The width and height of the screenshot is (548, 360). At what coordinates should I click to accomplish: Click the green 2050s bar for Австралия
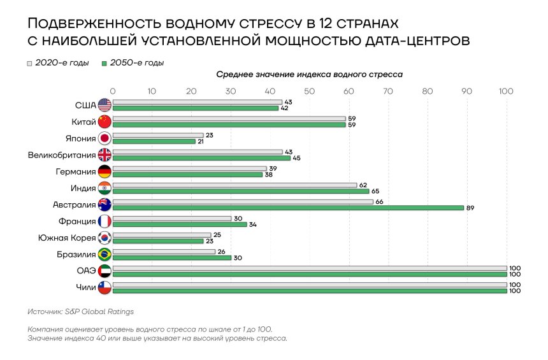(288, 208)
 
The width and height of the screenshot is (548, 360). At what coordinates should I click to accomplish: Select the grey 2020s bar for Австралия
(243, 202)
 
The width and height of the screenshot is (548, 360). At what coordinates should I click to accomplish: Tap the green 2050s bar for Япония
(154, 141)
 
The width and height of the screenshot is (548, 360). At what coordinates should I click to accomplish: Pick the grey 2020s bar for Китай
(229, 119)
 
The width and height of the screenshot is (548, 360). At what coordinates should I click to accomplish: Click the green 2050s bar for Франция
(180, 224)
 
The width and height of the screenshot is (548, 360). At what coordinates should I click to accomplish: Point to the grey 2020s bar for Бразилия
(164, 252)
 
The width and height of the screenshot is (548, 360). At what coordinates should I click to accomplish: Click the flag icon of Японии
(105, 138)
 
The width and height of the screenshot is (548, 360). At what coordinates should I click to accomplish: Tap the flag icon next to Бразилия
(105, 254)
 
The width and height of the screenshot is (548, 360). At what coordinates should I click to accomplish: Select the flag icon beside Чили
(105, 287)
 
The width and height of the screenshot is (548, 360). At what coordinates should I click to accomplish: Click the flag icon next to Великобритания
(105, 155)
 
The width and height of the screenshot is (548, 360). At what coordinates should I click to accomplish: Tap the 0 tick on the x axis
(113, 91)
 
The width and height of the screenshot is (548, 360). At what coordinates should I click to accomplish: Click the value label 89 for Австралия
(470, 208)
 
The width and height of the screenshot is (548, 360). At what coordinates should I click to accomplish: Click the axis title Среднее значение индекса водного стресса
(309, 75)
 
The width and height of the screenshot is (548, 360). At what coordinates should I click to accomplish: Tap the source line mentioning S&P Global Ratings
(81, 312)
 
